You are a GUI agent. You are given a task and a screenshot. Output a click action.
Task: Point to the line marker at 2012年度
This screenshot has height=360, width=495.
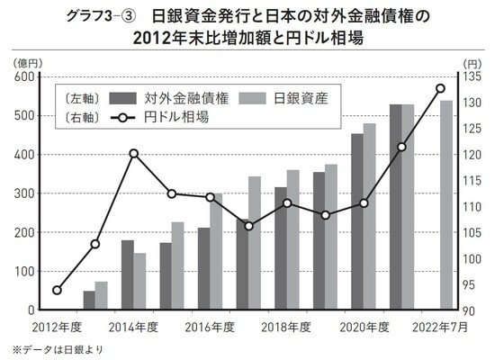click(57, 290)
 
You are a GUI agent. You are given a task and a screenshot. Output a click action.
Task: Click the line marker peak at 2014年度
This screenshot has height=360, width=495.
click(133, 153)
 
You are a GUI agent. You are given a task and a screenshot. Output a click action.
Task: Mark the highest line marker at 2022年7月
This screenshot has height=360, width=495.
click(441, 88)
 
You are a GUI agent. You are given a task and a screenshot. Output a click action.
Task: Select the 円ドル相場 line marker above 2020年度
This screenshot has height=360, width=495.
click(364, 203)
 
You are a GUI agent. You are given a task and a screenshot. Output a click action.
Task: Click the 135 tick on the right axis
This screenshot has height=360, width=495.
click(472, 77)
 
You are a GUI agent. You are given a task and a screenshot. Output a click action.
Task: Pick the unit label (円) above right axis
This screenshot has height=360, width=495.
click(472, 63)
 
